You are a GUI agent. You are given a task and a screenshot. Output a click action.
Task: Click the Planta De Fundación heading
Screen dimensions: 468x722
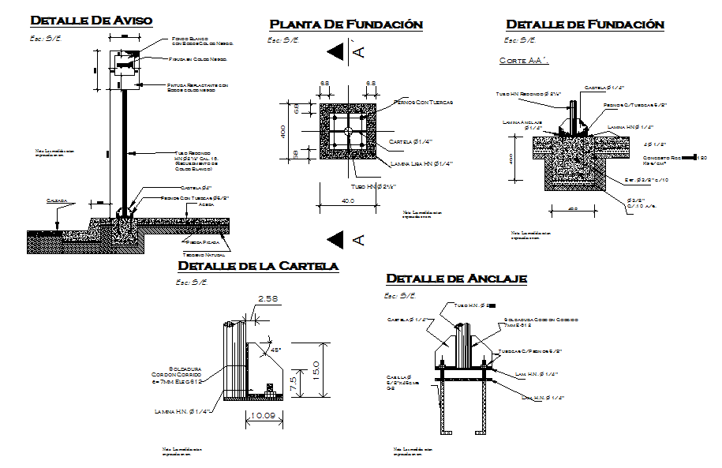pyautogui.click(x=346, y=24)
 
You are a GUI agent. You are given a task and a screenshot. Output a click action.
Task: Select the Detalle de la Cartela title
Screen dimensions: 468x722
pyautogui.click(x=258, y=266)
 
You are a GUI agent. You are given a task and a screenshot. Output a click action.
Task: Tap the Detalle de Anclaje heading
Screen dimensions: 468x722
pyautogui.click(x=456, y=279)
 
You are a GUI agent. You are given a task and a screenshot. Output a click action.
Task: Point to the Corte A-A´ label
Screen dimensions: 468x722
pyautogui.click(x=524, y=60)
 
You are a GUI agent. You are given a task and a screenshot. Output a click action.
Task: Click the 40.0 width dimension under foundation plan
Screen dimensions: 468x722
pyautogui.click(x=348, y=201)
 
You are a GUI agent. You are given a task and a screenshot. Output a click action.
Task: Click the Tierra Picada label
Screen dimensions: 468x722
pyautogui.click(x=203, y=242)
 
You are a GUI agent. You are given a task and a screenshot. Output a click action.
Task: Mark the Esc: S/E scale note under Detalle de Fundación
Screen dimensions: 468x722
pyautogui.click(x=521, y=40)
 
